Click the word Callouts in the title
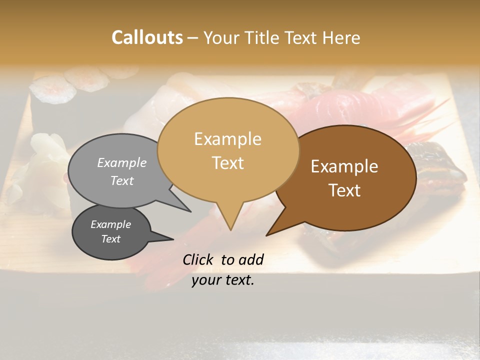(x=147, y=37)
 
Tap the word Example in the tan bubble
(x=227, y=139)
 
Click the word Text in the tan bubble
(x=227, y=163)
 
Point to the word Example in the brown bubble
(x=344, y=166)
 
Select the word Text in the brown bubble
(x=344, y=190)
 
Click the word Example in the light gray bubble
(x=122, y=163)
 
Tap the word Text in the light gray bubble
(x=122, y=180)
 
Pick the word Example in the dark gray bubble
(x=111, y=224)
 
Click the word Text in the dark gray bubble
(x=111, y=239)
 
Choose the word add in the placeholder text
(x=250, y=259)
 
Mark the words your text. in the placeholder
(x=222, y=280)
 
